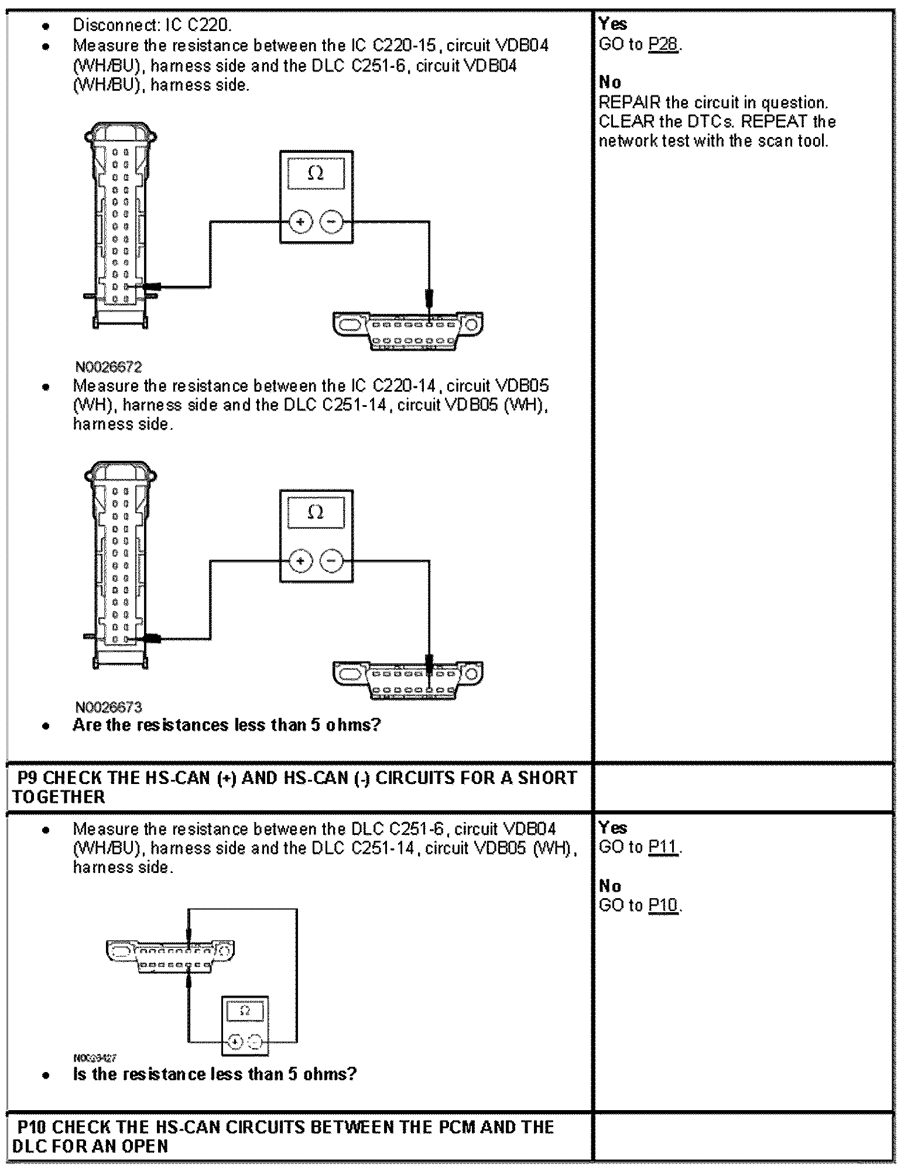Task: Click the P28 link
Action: coord(663,44)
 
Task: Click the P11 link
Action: coord(663,847)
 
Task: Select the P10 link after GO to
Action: coord(663,905)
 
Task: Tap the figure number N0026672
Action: coord(108,367)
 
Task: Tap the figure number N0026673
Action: coord(108,707)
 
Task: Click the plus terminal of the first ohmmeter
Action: coord(300,222)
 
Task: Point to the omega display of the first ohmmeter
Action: coord(316,173)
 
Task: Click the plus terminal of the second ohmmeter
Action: coord(300,561)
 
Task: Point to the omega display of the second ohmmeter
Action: coord(316,512)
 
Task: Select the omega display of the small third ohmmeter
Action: coord(245,1011)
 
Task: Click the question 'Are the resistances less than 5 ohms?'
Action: coord(227,725)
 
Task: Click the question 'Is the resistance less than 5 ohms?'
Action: coord(214,1074)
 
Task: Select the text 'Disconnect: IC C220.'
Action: coord(152,25)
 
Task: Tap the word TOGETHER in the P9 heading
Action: coord(59,797)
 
